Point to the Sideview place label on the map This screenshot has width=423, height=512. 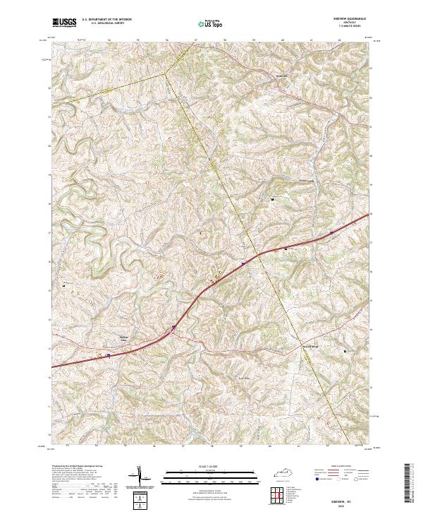(281, 73)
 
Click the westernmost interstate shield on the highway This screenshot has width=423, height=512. (109, 356)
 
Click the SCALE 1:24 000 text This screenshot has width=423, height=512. (211, 466)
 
